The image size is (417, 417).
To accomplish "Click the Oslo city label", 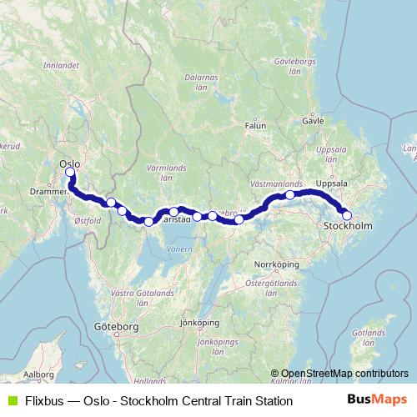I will point(69,164).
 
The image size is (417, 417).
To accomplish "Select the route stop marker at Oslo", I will point(70,173).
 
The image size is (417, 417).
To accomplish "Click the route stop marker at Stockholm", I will point(347,216).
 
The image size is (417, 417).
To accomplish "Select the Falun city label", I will point(255,126).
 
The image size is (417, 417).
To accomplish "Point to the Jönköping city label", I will point(198,322).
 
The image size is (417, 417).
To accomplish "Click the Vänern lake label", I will point(178,249).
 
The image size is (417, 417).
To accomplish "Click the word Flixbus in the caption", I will point(43,401).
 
